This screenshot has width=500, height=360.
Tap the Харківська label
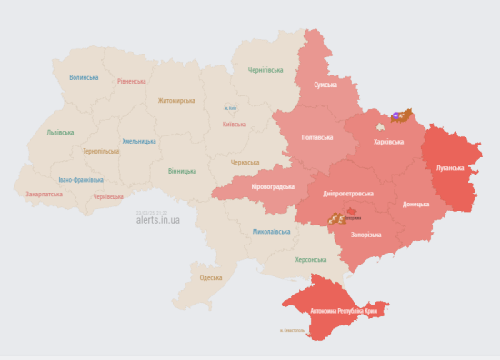tap(390, 143)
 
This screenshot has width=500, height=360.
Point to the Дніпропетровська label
tap(347, 194)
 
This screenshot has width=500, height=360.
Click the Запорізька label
tap(365, 235)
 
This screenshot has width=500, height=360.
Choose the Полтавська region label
tap(317, 137)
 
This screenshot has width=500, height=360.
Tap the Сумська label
tap(325, 85)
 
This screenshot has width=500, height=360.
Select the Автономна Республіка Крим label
tap(344, 312)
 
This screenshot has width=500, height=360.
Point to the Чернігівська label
tap(266, 70)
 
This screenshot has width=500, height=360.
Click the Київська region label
tap(234, 124)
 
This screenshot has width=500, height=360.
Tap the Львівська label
tap(61, 133)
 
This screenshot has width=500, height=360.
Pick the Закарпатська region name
tap(44, 194)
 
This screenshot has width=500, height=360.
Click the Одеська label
tap(210, 277)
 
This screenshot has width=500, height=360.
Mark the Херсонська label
tap(310, 259)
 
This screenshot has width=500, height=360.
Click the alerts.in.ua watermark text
tap(157, 219)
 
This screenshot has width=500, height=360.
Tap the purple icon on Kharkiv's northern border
tap(397, 116)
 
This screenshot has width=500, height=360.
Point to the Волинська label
tap(84, 77)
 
